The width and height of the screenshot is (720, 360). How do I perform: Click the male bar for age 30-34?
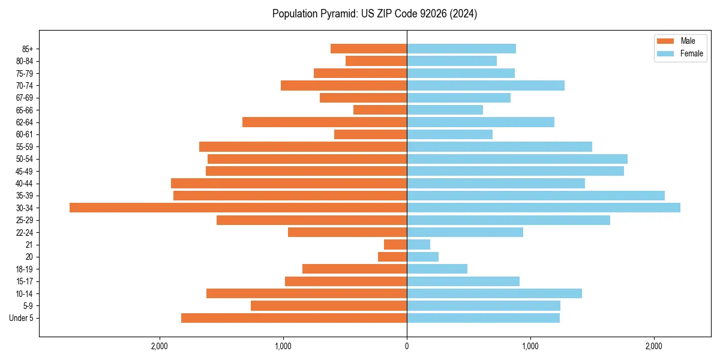pyautogui.click(x=238, y=208)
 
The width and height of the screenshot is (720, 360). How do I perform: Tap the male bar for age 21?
pyautogui.click(x=395, y=244)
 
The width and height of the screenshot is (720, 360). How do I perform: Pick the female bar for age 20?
pyautogui.click(x=422, y=257)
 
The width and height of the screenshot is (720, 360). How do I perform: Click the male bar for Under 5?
pyautogui.click(x=294, y=318)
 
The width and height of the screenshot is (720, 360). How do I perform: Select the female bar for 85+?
pyautogui.click(x=461, y=49)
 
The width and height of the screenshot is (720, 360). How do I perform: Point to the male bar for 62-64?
pyautogui.click(x=325, y=122)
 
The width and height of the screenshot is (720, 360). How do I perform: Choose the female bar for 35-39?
pyautogui.click(x=536, y=196)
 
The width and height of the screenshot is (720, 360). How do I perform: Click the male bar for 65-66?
pyautogui.click(x=380, y=110)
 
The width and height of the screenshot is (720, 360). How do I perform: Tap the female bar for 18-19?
pyautogui.click(x=437, y=269)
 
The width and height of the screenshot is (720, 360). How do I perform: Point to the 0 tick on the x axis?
pyautogui.click(x=407, y=346)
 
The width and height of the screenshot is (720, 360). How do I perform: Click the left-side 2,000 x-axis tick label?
pyautogui.click(x=160, y=346)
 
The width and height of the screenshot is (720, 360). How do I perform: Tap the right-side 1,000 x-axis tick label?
pyautogui.click(x=530, y=346)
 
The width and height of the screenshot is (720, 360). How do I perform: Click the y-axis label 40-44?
pyautogui.click(x=24, y=184)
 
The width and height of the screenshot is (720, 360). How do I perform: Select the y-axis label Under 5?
pyautogui.click(x=22, y=318)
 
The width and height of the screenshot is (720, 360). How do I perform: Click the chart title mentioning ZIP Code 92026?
pyautogui.click(x=374, y=14)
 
